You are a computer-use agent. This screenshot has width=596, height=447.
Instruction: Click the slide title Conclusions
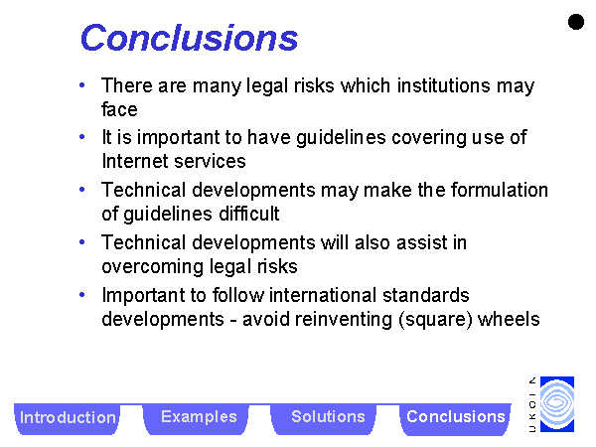190,38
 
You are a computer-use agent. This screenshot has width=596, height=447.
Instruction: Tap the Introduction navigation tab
68,418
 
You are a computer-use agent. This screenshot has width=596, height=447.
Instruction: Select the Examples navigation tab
199,418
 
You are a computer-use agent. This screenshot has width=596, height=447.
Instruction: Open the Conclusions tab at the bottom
455,418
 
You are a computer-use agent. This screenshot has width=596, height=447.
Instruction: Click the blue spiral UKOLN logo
557,404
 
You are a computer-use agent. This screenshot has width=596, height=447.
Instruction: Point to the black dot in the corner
576,22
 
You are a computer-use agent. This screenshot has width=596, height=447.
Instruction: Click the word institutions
444,85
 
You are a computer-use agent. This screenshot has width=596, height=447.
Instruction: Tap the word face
119,109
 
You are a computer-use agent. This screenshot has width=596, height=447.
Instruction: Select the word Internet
135,161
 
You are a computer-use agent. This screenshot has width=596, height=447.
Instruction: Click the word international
323,295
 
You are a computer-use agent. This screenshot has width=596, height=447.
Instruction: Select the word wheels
509,319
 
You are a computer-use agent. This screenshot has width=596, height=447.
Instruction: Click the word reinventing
344,320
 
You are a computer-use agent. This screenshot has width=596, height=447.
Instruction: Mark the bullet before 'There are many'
81,85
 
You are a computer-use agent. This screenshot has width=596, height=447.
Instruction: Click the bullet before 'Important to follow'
81,295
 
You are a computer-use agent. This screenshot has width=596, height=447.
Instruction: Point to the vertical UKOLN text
532,404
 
